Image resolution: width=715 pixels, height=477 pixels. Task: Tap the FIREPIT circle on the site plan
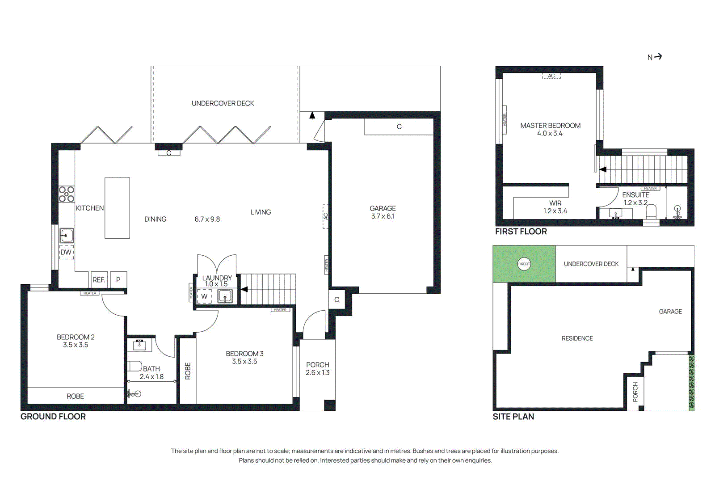tap(524, 264)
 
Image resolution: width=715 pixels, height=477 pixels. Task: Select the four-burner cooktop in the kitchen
tap(67, 194)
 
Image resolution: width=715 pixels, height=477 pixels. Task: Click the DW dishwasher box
tap(66, 252)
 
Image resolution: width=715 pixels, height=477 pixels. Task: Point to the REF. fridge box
tap(99, 280)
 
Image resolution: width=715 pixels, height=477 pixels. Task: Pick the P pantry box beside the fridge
tap(118, 280)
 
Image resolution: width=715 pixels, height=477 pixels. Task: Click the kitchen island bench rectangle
tap(117, 208)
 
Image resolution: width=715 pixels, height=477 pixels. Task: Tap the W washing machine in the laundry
tap(204, 296)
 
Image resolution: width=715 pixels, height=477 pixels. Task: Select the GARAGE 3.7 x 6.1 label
tap(383, 212)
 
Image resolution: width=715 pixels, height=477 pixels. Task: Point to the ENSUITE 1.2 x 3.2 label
tap(635, 198)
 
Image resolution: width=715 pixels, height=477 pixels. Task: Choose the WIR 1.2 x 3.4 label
tap(555, 207)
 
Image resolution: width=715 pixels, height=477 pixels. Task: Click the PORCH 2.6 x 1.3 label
tap(317, 368)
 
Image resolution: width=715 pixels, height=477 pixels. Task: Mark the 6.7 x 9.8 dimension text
tap(207, 219)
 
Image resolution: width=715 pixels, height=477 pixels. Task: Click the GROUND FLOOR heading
tap(53, 416)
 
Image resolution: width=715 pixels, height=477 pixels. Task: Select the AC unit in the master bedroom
tap(551, 76)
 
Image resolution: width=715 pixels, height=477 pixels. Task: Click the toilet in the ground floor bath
tap(135, 366)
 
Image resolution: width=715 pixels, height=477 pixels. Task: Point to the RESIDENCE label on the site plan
tap(577, 338)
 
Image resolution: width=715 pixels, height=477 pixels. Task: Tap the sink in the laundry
tap(225, 296)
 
